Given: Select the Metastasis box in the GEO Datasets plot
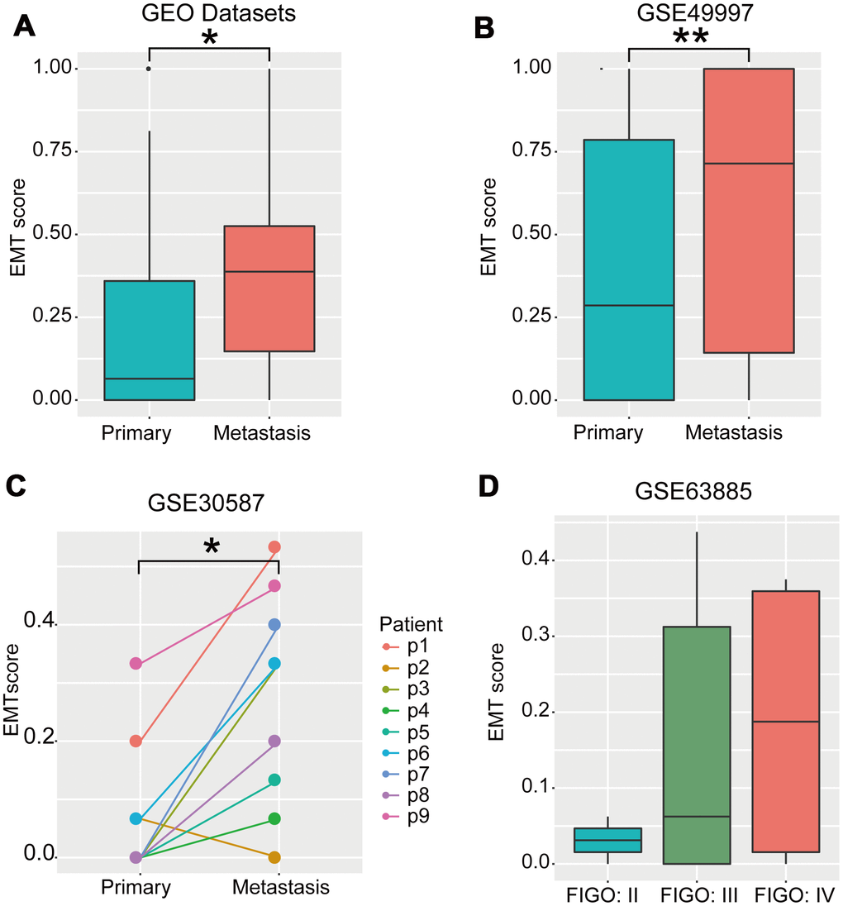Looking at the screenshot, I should pos(269,288).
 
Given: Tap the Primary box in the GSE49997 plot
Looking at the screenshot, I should pos(629,269).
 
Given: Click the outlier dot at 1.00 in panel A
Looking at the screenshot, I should pos(149,69).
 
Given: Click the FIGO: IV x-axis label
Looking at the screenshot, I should pos(785,895).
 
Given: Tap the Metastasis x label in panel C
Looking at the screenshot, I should pos(280,888).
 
